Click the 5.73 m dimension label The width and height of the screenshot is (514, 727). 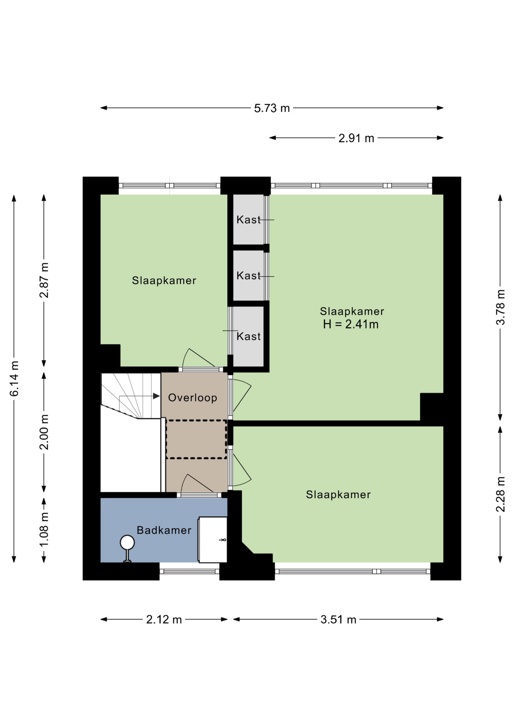[272, 108]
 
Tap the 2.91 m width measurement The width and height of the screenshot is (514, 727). [356, 138]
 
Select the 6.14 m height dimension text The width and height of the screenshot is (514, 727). [14, 379]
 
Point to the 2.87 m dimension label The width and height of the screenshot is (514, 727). [44, 280]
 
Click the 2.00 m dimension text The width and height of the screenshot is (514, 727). [44, 432]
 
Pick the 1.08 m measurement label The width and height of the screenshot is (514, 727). [44, 529]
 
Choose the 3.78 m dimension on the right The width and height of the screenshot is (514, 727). [500, 307]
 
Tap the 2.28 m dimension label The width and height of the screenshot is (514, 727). [500, 494]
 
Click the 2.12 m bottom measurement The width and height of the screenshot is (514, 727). [164, 620]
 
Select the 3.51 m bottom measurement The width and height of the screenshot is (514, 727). [338, 620]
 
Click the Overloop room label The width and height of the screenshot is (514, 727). [193, 398]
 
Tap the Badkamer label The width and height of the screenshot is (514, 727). [164, 530]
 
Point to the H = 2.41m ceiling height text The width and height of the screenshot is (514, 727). [351, 324]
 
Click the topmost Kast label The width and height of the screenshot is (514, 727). [249, 220]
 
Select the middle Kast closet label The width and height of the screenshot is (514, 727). [249, 276]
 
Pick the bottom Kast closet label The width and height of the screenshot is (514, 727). [249, 336]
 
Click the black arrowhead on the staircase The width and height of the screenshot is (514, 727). [156, 396]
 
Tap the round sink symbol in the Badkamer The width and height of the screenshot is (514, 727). [127, 543]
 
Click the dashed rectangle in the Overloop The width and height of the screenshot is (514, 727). [196, 439]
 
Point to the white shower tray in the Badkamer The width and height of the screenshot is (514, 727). [213, 540]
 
